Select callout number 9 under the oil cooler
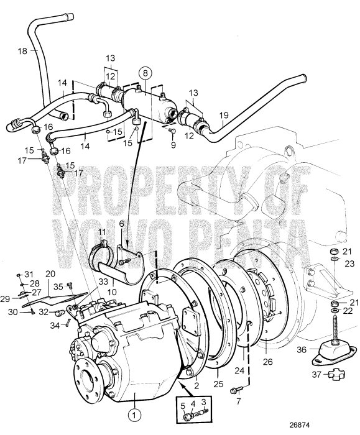(174, 144)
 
